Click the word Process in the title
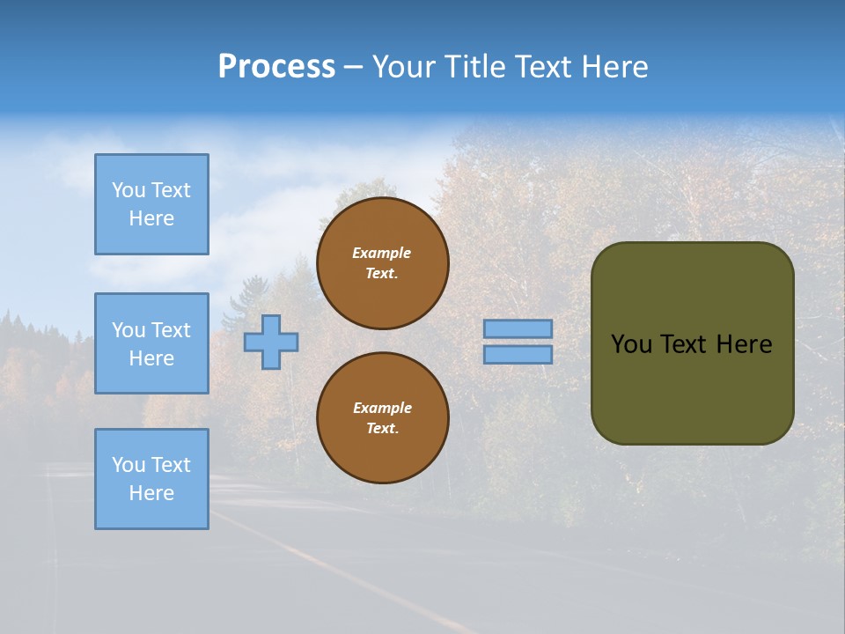click(x=276, y=67)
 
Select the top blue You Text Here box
click(x=151, y=204)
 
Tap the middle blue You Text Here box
click(x=151, y=343)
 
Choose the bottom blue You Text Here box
click(x=151, y=478)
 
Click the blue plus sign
click(x=271, y=342)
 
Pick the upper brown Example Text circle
click(x=382, y=263)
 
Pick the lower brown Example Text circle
click(x=382, y=418)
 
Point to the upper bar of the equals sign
click(x=518, y=328)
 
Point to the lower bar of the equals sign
click(x=518, y=354)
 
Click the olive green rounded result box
click(x=692, y=387)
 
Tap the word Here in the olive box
click(x=744, y=344)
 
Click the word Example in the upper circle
click(x=381, y=253)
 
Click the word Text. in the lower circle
click(x=382, y=429)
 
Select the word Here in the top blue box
click(x=151, y=218)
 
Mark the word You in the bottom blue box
click(x=129, y=465)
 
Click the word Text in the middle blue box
click(x=171, y=330)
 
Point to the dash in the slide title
click(x=353, y=68)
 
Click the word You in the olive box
click(x=631, y=344)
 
